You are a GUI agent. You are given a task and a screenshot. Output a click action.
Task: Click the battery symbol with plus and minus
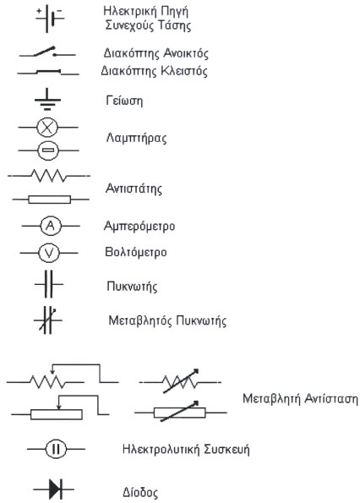[47, 18]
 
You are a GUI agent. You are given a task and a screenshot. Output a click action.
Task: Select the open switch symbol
[47, 52]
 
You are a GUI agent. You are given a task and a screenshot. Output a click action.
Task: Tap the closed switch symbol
[48, 72]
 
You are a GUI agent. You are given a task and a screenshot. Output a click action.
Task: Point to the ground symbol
[47, 100]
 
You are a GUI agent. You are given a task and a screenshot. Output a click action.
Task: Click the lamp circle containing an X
[47, 128]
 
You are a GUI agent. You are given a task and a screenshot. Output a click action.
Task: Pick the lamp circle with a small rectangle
[48, 150]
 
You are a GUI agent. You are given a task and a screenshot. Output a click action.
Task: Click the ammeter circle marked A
[51, 227]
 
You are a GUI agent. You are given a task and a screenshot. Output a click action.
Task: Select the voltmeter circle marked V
[49, 253]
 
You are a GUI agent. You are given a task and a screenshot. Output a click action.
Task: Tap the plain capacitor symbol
[48, 284]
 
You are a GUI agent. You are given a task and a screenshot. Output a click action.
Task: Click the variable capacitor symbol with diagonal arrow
[48, 320]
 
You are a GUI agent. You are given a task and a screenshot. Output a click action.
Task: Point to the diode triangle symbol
[55, 489]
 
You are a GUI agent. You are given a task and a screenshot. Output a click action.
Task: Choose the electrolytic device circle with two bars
[56, 449]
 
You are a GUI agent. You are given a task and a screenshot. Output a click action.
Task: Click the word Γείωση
[124, 101]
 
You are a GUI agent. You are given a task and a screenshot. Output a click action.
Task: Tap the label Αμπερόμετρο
[139, 227]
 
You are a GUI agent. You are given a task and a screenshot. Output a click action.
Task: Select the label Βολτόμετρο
[136, 252]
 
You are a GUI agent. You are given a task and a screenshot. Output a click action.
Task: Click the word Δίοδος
[140, 492]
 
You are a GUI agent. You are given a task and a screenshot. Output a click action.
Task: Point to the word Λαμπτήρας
[136, 139]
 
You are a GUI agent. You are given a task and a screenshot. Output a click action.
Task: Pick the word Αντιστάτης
[134, 189]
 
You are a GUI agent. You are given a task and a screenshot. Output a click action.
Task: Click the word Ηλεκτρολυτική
[161, 449]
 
